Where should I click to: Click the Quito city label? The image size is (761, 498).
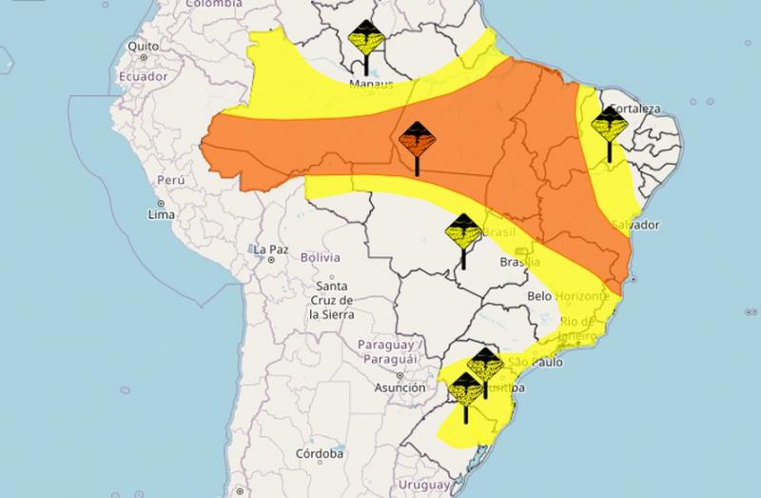pos(142,46)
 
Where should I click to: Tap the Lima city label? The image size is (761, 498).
pos(162,215)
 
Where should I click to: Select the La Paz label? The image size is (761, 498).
pos(270,249)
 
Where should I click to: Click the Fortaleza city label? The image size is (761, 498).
pos(635,109)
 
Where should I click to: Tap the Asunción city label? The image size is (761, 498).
pos(399,388)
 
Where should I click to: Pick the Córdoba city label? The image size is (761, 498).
pos(319,454)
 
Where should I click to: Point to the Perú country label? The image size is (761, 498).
pos(169,180)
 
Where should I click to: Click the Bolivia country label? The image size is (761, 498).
pos(320,258)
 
